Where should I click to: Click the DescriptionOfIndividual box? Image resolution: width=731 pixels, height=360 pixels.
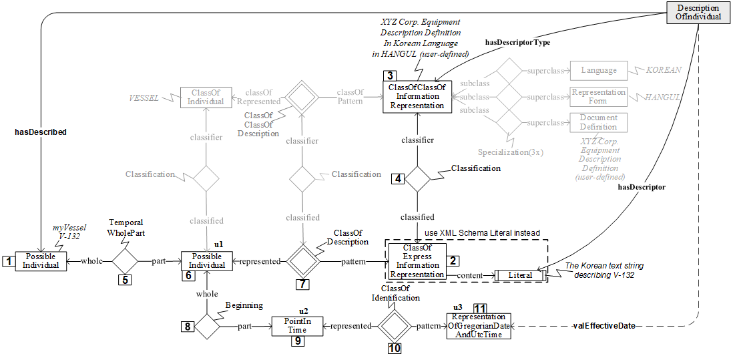tap(698, 13)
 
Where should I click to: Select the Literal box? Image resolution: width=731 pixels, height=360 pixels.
tap(520, 275)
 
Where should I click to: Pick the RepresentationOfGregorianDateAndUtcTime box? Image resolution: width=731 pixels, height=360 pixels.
tap(478, 325)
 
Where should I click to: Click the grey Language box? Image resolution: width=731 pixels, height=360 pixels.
tap(598, 70)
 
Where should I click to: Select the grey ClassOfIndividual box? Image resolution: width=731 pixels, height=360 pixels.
tap(205, 97)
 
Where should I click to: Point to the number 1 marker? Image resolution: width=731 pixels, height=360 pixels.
tap(8, 262)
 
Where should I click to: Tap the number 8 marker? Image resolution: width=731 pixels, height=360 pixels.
tap(188, 326)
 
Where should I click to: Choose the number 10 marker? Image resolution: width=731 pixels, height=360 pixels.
tap(395, 347)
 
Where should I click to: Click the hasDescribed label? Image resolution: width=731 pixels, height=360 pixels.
tap(40, 132)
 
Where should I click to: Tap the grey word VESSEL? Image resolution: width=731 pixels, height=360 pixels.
tap(144, 97)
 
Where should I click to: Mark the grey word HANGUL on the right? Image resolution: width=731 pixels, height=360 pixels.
tap(662, 97)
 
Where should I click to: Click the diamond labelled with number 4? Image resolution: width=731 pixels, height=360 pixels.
tap(418, 178)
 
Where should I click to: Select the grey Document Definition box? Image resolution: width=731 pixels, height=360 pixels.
tap(598, 122)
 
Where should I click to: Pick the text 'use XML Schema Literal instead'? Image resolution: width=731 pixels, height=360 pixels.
tap(483, 232)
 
